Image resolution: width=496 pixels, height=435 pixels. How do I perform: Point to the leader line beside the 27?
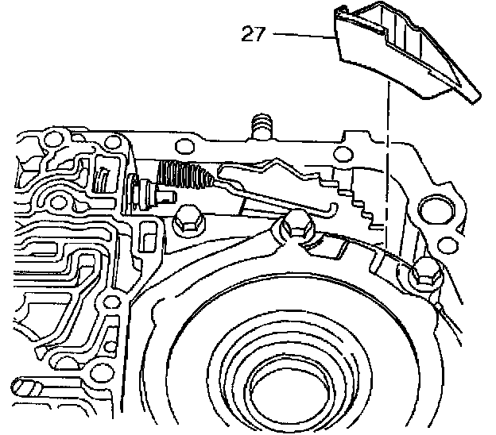coord(302,34)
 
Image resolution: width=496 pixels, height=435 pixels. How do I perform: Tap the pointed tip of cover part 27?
coord(474,98)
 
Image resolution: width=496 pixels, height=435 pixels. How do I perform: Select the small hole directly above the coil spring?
coord(185,145)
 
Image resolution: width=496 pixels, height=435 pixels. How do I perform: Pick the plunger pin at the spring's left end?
coord(146,191)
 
